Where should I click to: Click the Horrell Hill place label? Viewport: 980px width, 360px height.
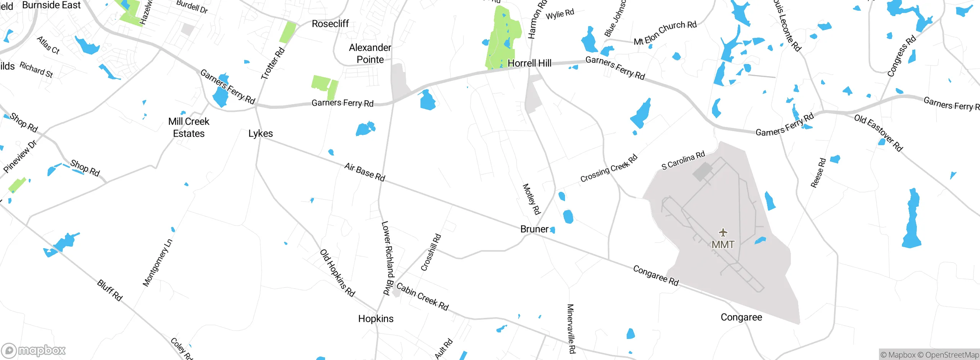coord(529,63)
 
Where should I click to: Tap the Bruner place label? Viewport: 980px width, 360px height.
coord(534,229)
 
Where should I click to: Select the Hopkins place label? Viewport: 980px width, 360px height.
coord(376,319)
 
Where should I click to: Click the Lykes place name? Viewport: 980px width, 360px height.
coord(260,134)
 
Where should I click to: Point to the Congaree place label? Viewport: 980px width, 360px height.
coord(741,317)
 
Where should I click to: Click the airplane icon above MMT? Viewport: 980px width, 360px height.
coord(723,232)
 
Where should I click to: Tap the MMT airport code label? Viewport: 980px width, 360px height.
coord(723,244)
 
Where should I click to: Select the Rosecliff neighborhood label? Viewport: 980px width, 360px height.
coord(330,24)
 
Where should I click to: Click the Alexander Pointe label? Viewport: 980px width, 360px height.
coord(370,54)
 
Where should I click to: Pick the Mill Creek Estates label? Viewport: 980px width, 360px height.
coord(189,128)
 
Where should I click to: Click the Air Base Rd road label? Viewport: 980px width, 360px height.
coord(364,172)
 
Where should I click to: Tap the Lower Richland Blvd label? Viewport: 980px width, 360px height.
coord(388,258)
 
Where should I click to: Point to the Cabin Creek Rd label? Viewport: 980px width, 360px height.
coord(422,296)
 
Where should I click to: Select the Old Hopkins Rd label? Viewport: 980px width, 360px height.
coord(337,273)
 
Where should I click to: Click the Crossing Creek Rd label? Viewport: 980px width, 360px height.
coord(609,168)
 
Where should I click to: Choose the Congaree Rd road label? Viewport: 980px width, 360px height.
coord(656,276)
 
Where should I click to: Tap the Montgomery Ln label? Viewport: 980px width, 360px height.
coord(157,263)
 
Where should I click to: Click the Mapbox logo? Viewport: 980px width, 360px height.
coord(34,350)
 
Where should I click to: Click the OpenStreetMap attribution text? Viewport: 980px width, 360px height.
coord(950,355)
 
